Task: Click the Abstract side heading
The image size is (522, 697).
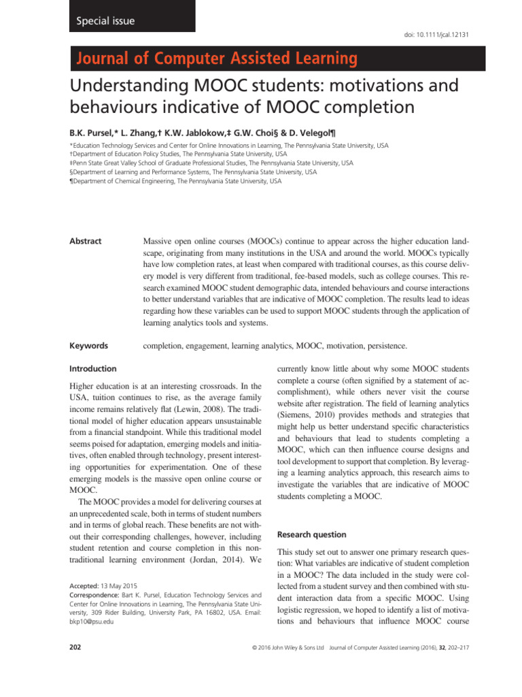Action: coord(86,241)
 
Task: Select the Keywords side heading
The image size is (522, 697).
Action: coord(89,346)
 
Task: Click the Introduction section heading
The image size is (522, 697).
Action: coord(93,368)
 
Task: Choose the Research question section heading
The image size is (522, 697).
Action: coord(312,534)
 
